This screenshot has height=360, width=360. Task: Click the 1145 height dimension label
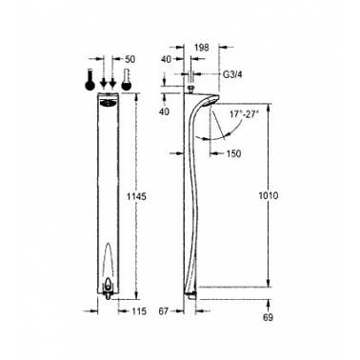tap(136, 196)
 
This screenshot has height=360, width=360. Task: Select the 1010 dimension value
tap(269, 195)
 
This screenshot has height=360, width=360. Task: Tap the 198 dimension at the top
tap(202, 48)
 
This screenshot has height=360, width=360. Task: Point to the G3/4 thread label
tap(232, 74)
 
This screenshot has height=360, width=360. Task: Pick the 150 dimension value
tap(233, 154)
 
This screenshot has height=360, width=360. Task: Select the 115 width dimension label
tap(138, 311)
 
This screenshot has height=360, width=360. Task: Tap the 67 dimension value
tap(163, 311)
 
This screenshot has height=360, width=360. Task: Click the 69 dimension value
tap(268, 317)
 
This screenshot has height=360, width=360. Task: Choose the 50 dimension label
tap(130, 59)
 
